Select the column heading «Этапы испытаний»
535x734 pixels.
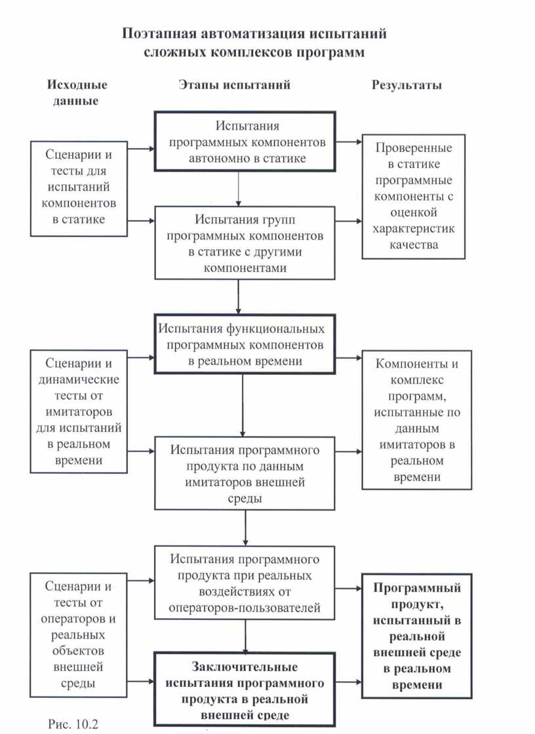pyautogui.click(x=234, y=85)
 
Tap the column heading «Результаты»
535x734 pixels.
pyautogui.click(x=406, y=85)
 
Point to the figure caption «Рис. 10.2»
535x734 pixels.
pyautogui.click(x=73, y=724)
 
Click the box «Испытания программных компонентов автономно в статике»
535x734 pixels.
pyautogui.click(x=246, y=142)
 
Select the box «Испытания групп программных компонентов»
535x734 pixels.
pyautogui.click(x=246, y=243)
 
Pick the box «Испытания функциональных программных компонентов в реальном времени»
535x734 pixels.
pyautogui.click(x=246, y=344)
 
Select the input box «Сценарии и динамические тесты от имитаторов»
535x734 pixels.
pyautogui.click(x=79, y=412)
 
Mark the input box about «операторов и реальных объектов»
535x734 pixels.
pyautogui.click(x=79, y=635)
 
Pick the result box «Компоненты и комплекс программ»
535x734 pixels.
pyautogui.click(x=417, y=421)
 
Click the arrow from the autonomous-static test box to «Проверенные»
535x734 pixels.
pyautogui.click(x=348, y=141)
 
